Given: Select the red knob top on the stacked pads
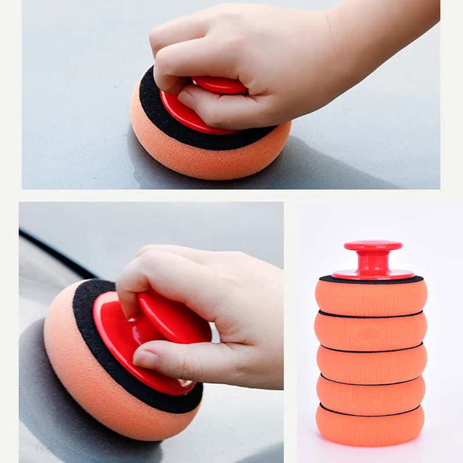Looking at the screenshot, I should pyautogui.click(x=373, y=245).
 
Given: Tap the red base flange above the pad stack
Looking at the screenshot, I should pyautogui.click(x=373, y=274).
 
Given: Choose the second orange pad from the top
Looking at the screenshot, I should pyautogui.click(x=370, y=330).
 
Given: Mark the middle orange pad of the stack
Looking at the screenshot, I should pyautogui.click(x=371, y=363).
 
